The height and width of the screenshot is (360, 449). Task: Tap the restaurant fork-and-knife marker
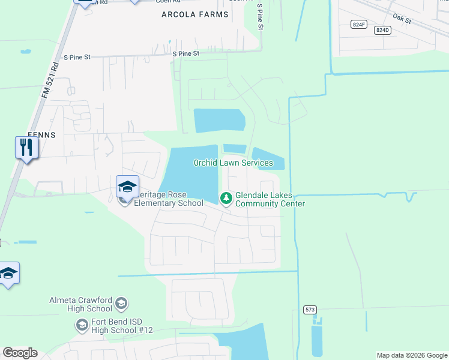[x=26, y=147]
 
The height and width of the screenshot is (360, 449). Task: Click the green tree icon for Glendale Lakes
[x=226, y=197]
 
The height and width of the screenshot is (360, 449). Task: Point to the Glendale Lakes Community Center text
[x=270, y=200]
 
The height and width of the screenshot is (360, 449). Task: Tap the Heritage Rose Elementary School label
[x=168, y=199]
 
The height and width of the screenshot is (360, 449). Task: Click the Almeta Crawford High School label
[x=81, y=304]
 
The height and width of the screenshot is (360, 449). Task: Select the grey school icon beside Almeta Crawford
[x=121, y=303]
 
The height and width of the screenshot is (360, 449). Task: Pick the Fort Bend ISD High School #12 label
[x=122, y=326]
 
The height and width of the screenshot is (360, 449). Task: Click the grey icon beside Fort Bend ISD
[x=82, y=326]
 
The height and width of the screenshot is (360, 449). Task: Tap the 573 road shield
[x=310, y=310]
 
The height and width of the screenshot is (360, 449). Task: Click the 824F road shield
[x=359, y=24]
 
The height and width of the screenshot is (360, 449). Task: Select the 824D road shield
[x=382, y=29]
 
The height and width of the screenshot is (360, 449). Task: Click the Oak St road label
[x=400, y=20]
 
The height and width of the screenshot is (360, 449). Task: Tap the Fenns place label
[x=41, y=135]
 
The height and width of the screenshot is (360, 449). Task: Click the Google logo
[x=20, y=353]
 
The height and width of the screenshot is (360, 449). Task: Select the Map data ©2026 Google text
[x=412, y=355]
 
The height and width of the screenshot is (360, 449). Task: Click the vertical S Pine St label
[x=260, y=17]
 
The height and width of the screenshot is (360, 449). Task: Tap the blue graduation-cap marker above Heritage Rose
[x=127, y=187]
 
